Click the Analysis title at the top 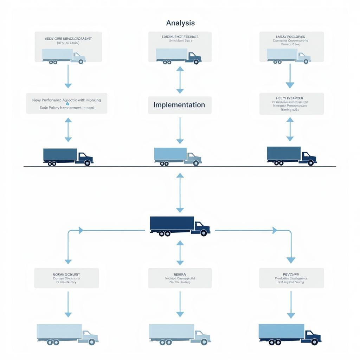coord(180,23)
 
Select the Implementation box coord(180,105)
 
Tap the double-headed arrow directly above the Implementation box coord(180,80)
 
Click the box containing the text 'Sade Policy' coord(66,103)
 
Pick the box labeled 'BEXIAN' coord(180,278)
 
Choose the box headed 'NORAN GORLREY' coord(66,278)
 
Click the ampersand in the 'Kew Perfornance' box coord(67,104)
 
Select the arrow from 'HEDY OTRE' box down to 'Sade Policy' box coord(68,76)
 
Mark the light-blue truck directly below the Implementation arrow coord(178,156)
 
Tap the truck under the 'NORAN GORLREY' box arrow coord(67,334)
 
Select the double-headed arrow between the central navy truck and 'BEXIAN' coord(180,253)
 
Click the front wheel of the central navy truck coord(204,233)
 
